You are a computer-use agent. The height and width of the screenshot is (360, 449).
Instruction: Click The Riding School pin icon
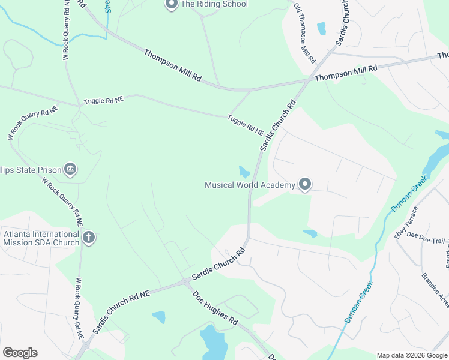tap(171, 5)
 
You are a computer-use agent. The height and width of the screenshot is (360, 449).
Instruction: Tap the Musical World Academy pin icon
tap(305, 185)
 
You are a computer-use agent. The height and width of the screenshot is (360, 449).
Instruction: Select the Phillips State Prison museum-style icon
tap(70, 170)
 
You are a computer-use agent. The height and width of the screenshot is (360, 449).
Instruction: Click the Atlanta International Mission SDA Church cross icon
tap(88, 238)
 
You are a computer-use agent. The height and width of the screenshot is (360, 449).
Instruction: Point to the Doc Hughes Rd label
tap(215, 308)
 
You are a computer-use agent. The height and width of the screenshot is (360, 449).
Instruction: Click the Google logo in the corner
tap(20, 352)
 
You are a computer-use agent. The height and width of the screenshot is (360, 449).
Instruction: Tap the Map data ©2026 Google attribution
tap(412, 355)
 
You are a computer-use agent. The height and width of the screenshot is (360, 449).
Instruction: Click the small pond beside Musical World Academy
tap(244, 172)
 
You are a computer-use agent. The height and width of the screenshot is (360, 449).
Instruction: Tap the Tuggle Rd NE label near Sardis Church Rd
tap(245, 125)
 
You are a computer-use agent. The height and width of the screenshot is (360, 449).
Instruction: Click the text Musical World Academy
tap(250, 185)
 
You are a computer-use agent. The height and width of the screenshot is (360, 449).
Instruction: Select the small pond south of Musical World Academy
tap(310, 233)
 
